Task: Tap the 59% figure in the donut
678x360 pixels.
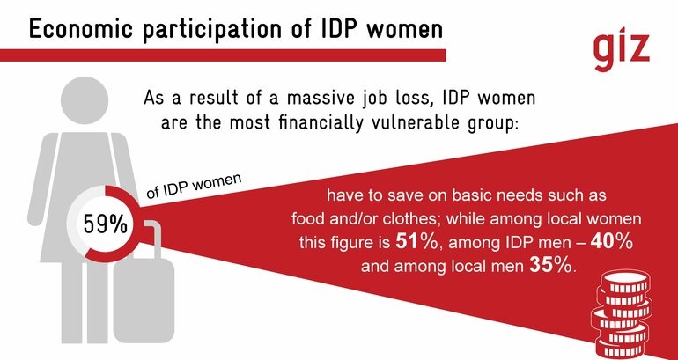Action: [x=105, y=224]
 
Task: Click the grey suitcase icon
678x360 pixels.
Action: [x=144, y=283]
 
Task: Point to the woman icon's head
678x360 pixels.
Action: [x=85, y=99]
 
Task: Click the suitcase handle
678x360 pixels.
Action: [x=152, y=240]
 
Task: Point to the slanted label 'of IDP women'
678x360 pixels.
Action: [x=194, y=187]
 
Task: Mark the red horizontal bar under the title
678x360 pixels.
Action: [x=223, y=55]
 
